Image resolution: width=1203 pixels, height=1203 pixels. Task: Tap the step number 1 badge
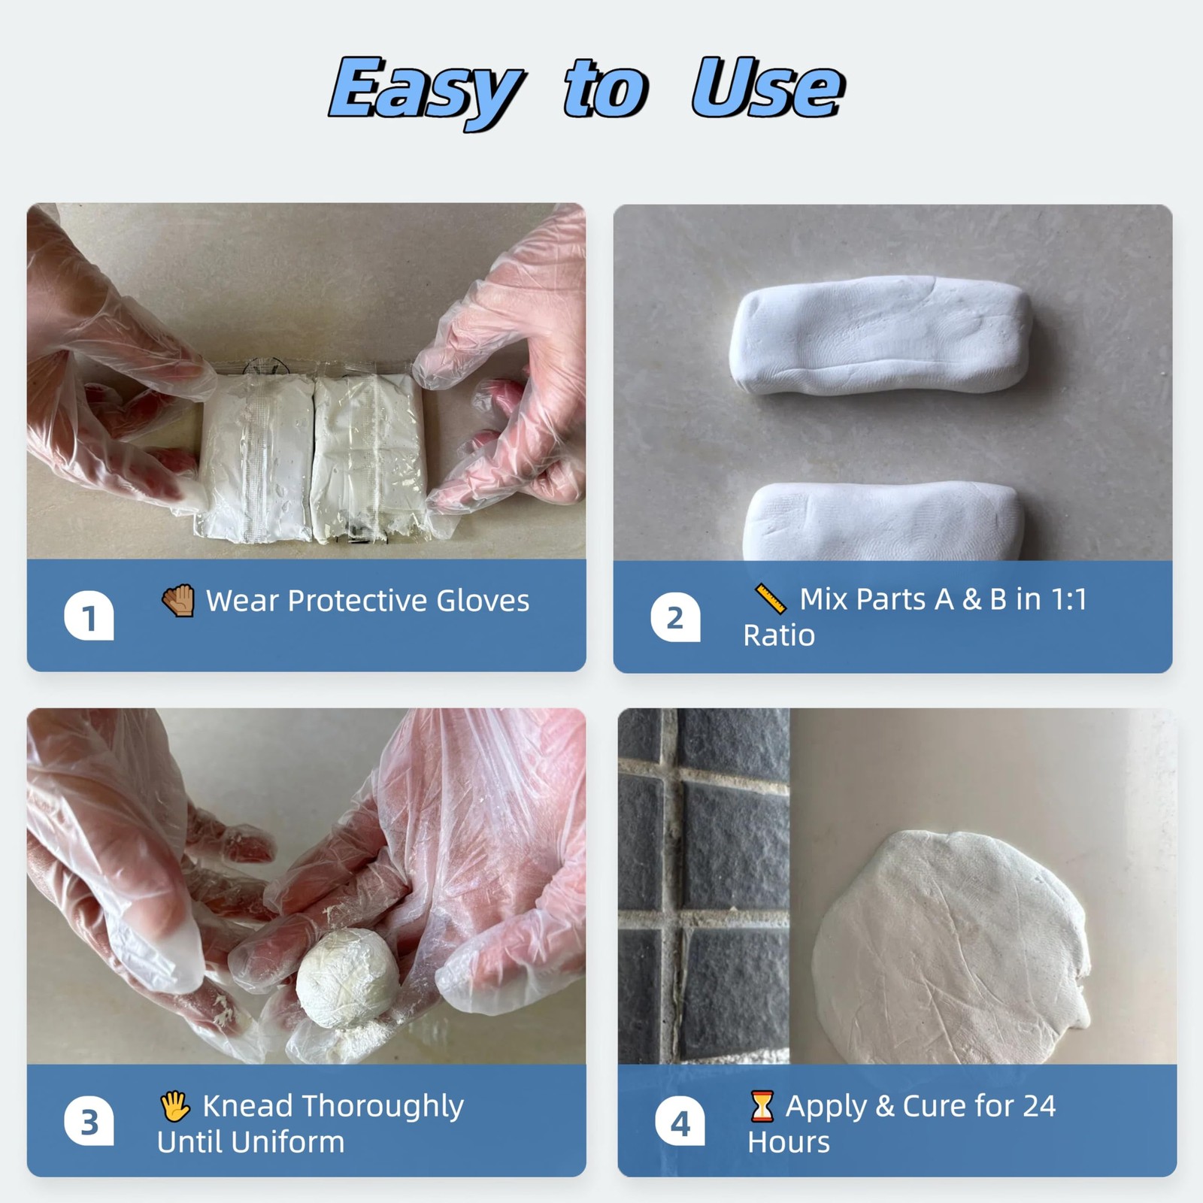coord(89,617)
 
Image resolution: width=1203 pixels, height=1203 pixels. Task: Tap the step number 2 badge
coord(675,617)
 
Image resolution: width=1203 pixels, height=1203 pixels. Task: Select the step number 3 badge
coord(89,1123)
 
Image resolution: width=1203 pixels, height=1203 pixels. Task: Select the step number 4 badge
coord(680,1123)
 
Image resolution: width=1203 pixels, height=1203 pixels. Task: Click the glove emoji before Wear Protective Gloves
coord(178,601)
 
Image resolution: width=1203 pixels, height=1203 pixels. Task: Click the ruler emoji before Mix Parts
coord(771,599)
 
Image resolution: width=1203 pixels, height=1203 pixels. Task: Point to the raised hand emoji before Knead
coord(175,1106)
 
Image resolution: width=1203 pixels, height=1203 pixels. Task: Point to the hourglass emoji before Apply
coord(762,1106)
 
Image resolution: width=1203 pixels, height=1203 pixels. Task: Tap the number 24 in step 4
coord(1038,1106)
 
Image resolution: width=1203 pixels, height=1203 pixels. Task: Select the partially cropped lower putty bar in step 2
coord(884,523)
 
